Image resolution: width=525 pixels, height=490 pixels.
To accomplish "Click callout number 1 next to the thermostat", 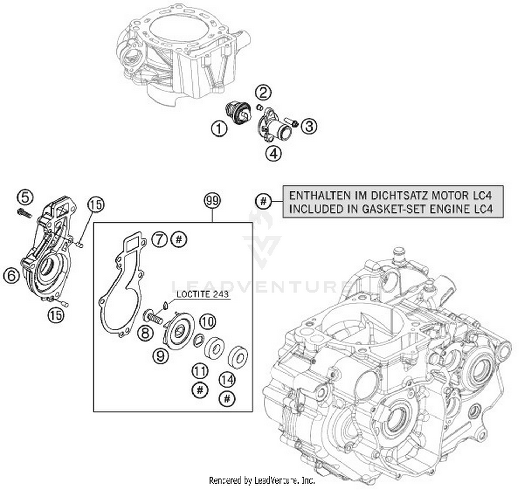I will click(x=219, y=129).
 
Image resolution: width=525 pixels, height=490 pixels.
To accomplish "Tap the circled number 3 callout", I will click(x=309, y=126).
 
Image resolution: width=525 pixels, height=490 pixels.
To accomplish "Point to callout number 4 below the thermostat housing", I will click(x=273, y=153).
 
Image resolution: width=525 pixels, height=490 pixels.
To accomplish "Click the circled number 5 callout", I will click(x=25, y=197).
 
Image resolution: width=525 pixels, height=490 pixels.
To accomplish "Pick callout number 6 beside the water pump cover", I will click(x=12, y=276).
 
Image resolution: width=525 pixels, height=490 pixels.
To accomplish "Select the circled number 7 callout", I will click(x=160, y=240).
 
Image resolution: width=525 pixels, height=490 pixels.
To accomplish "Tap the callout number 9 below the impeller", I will click(x=161, y=356).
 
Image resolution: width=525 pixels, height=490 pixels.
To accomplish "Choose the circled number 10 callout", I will click(x=208, y=321).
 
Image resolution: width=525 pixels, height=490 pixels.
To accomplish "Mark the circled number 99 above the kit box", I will click(x=212, y=201).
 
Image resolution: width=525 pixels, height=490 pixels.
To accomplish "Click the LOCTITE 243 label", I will click(x=203, y=294).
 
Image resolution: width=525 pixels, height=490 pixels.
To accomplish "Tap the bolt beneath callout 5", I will click(x=24, y=212).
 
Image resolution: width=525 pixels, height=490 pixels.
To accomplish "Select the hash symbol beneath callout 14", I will click(x=227, y=399).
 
